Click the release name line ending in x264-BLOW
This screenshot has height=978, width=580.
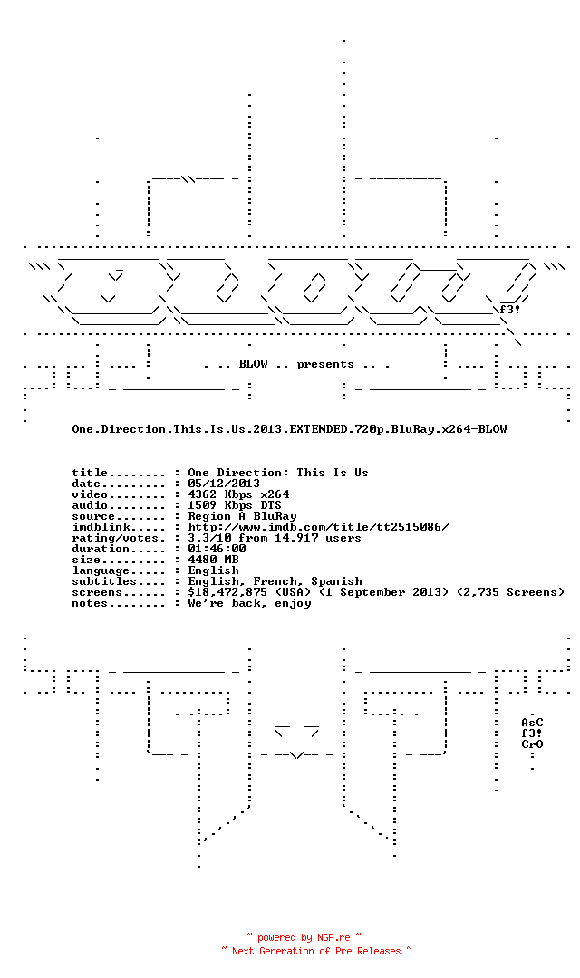[x=289, y=429]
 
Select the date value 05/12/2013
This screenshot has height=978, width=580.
[x=224, y=484]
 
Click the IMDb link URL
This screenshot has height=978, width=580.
[x=318, y=527]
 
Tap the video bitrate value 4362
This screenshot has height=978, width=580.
[x=202, y=494]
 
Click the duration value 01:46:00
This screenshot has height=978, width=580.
[x=217, y=549]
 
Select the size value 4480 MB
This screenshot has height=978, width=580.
[x=213, y=560]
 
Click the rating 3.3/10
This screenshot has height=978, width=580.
[x=209, y=538]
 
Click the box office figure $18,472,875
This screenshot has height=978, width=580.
[x=227, y=592]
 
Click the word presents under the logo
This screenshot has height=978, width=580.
[x=325, y=364]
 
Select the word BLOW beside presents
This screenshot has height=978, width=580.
[x=253, y=364]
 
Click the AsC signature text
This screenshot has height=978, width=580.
[x=532, y=723]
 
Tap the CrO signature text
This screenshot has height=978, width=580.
[x=532, y=744]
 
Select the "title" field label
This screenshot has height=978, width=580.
[x=90, y=473]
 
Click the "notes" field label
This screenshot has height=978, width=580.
[x=90, y=603]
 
